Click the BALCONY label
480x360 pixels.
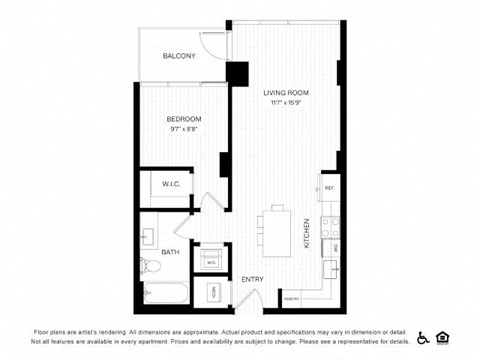tap(179, 56)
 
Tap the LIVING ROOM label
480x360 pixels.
tap(286, 93)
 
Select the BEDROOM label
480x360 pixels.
tap(185, 119)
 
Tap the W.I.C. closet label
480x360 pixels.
tap(171, 184)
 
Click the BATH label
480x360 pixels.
tap(171, 252)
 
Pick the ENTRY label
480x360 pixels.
tap(251, 279)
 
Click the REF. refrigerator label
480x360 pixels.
tap(328, 188)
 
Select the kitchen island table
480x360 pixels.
tap(277, 231)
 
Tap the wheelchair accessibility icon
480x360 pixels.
tap(423, 336)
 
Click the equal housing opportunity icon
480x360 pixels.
tap(447, 336)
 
